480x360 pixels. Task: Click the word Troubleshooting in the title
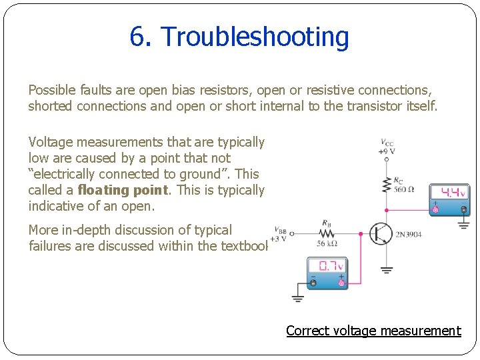coord(255,37)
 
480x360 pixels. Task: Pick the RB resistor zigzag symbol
coord(326,234)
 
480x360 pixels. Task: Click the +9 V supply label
coord(387,151)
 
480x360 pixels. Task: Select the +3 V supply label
coord(280,239)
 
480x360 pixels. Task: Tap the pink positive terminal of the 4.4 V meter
coord(435,210)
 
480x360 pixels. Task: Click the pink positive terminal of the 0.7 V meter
coord(341,283)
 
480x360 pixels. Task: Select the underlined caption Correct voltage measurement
coord(373,331)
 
